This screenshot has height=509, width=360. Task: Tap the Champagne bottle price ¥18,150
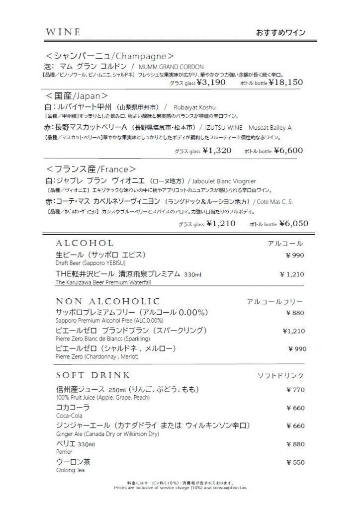pyautogui.click(x=285, y=83)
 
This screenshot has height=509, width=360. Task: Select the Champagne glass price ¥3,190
pyautogui.click(x=211, y=83)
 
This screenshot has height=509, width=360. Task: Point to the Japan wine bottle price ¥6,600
pyautogui.click(x=289, y=150)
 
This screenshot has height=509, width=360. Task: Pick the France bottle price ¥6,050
pyautogui.click(x=294, y=224)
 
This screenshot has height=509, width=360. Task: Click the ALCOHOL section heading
pyautogui.click(x=85, y=244)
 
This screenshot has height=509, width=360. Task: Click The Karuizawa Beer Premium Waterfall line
pyautogui.click(x=103, y=282)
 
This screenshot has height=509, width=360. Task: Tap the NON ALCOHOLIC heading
pyautogui.click(x=108, y=301)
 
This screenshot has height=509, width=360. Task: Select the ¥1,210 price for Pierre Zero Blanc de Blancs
pyautogui.click(x=293, y=331)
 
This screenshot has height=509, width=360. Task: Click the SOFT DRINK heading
pyautogui.click(x=93, y=375)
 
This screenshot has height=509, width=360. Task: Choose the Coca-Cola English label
pyautogui.click(x=69, y=416)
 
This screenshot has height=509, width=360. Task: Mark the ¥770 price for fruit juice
pyautogui.click(x=295, y=390)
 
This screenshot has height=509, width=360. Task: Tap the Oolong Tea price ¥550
pyautogui.click(x=295, y=462)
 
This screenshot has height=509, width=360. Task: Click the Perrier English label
pyautogui.click(x=65, y=452)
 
